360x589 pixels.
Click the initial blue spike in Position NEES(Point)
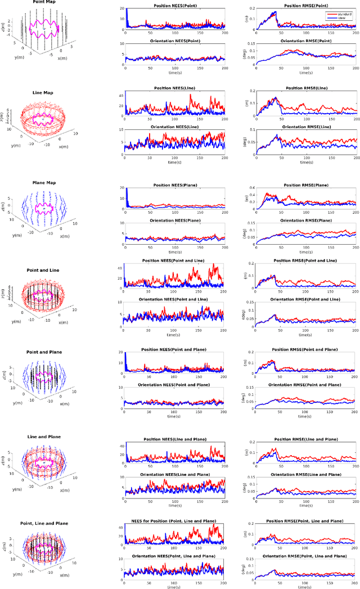coord(127,14)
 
